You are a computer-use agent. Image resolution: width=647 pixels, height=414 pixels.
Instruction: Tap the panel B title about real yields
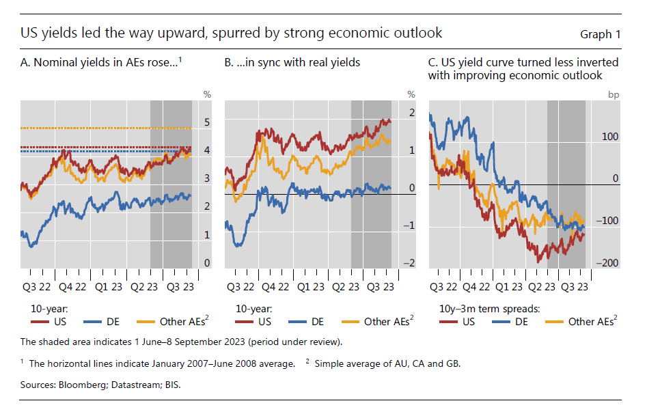(292, 63)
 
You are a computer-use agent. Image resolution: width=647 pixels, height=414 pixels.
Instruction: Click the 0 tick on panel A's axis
(206, 263)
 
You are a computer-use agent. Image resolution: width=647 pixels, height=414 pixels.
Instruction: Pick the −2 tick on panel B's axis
(411, 263)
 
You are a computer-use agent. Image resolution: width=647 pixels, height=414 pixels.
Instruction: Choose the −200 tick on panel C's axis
(607, 263)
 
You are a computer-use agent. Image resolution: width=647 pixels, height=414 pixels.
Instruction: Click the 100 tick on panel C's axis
(609, 137)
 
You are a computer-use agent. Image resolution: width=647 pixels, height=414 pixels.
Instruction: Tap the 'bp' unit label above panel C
(613, 94)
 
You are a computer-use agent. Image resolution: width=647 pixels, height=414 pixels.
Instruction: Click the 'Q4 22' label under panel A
(72, 287)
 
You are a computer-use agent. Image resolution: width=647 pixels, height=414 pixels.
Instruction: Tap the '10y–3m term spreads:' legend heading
(489, 309)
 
